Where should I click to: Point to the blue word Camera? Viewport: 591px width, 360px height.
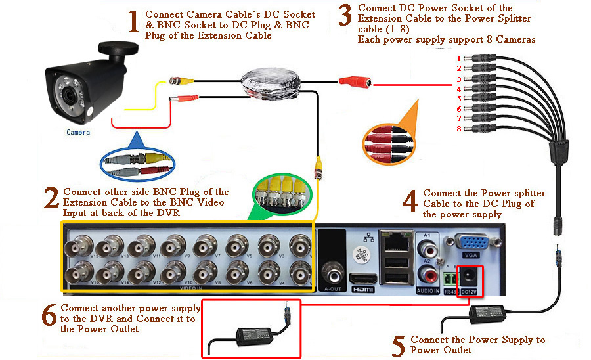pos(78,132)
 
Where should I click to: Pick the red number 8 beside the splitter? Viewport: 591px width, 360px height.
pos(459,129)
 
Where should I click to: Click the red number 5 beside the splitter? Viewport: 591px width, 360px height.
pos(459,99)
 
